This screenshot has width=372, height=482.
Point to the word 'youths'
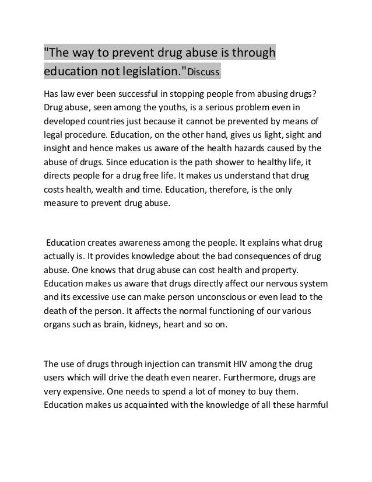coord(165,109)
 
